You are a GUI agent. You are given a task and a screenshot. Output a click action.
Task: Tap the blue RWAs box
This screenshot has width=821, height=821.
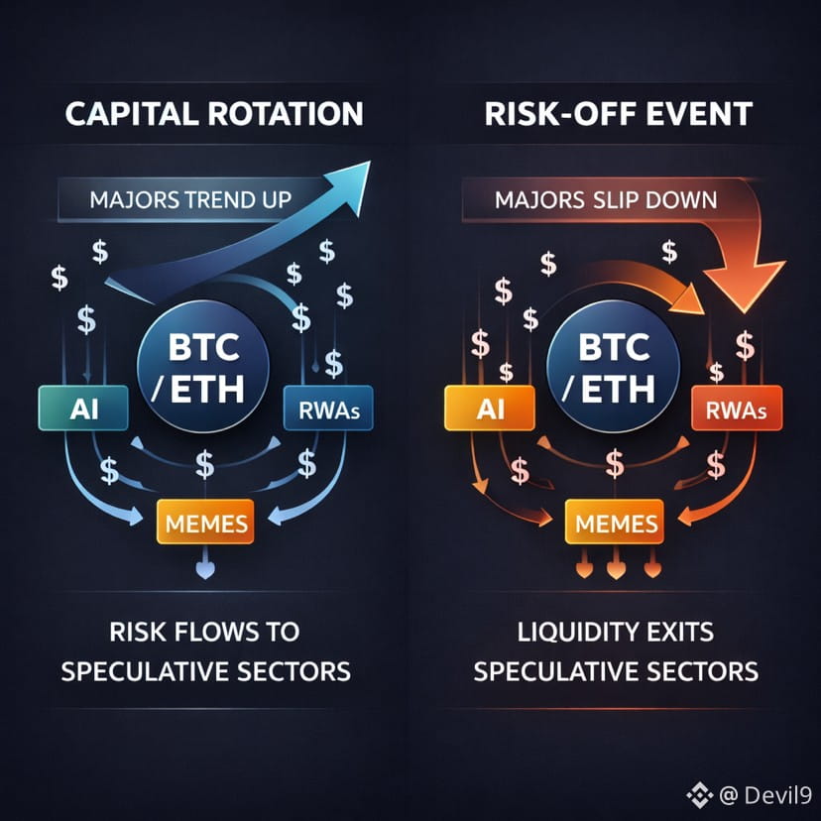(319, 409)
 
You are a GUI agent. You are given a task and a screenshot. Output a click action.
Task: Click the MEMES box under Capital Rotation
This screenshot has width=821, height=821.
(206, 522)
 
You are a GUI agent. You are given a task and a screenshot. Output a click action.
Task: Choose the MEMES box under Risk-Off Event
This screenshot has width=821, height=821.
(612, 522)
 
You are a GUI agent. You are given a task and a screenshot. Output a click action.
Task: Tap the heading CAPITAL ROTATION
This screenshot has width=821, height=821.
(213, 114)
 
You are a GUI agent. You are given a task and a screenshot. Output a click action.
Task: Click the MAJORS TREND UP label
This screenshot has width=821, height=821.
(189, 198)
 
